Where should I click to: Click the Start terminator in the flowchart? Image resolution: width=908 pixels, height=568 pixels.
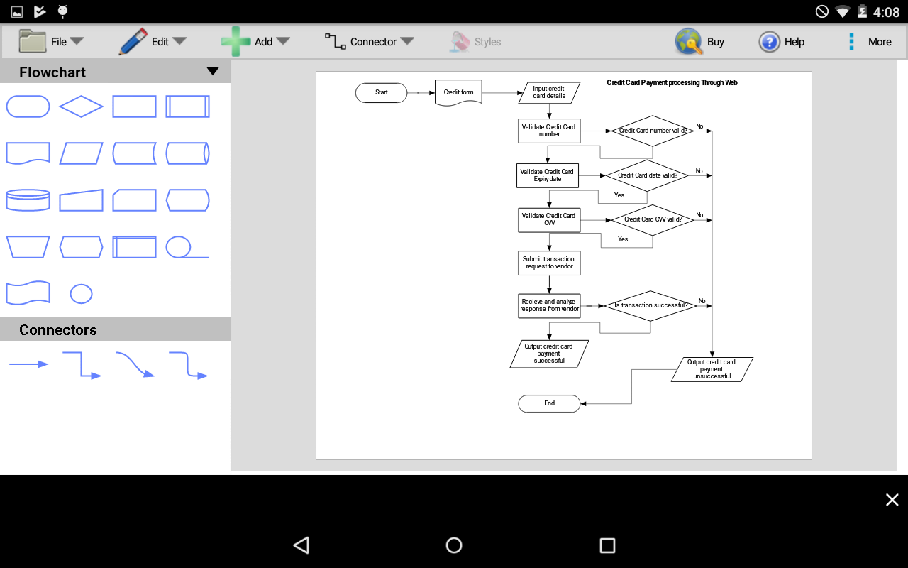382,92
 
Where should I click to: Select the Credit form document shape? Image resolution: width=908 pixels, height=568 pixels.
458,92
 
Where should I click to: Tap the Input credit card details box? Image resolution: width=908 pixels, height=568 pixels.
549,92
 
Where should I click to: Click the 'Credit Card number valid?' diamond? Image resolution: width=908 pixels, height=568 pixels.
652,131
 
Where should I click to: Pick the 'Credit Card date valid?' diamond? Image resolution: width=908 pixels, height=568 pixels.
647,175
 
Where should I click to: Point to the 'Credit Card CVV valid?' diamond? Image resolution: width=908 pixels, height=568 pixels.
653,219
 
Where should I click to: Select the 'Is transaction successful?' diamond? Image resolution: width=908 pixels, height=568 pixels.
650,305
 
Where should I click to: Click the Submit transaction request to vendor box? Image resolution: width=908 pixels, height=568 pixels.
549,263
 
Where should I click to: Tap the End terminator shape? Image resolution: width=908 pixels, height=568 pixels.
549,403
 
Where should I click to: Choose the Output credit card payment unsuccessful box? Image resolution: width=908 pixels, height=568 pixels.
712,369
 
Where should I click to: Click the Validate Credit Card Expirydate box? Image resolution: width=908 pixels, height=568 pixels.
547,175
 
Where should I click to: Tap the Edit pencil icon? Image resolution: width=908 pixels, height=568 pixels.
133,42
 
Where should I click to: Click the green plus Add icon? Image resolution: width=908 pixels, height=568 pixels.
236,42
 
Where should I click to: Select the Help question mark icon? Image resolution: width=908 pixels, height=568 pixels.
770,42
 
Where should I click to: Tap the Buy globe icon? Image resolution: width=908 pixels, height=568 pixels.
688,42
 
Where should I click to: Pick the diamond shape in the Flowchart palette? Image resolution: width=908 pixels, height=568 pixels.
81,106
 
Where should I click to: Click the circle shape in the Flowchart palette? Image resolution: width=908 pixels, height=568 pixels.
81,293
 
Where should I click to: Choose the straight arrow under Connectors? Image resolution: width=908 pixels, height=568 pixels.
28,364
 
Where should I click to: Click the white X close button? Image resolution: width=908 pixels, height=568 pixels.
892,500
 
